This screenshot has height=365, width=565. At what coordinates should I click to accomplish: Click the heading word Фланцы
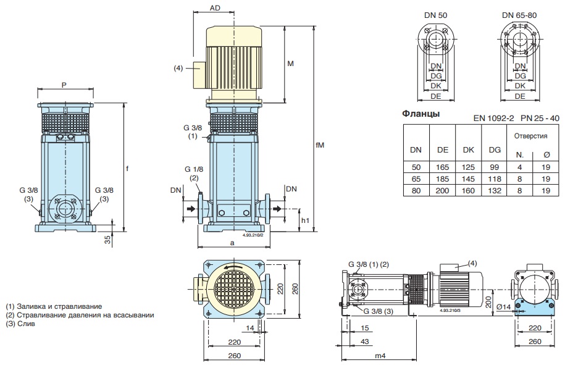click(x=421, y=114)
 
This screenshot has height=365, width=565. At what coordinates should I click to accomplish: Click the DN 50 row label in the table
click(x=416, y=167)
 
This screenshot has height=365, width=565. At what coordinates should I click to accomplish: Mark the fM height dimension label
click(x=320, y=145)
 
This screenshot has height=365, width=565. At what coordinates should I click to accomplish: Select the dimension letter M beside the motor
click(x=290, y=64)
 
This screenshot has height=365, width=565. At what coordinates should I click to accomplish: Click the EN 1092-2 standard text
click(x=493, y=117)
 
